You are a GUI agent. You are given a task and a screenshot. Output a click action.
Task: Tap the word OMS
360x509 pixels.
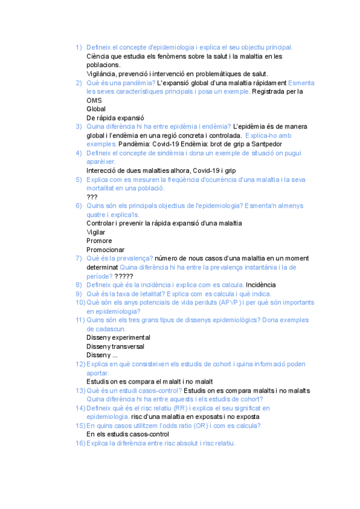click(x=95, y=101)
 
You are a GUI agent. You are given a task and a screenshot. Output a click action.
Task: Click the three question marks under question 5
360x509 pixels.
click(x=92, y=197)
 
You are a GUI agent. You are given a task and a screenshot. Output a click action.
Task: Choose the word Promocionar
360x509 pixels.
click(x=106, y=250)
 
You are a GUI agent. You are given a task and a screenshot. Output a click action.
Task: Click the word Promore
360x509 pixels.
click(x=99, y=241)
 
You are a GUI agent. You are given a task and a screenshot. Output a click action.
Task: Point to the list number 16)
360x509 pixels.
click(x=80, y=443)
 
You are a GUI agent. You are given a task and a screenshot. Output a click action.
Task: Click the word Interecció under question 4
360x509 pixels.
click(x=103, y=170)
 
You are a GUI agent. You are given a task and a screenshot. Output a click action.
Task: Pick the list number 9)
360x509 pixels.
click(x=78, y=294)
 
